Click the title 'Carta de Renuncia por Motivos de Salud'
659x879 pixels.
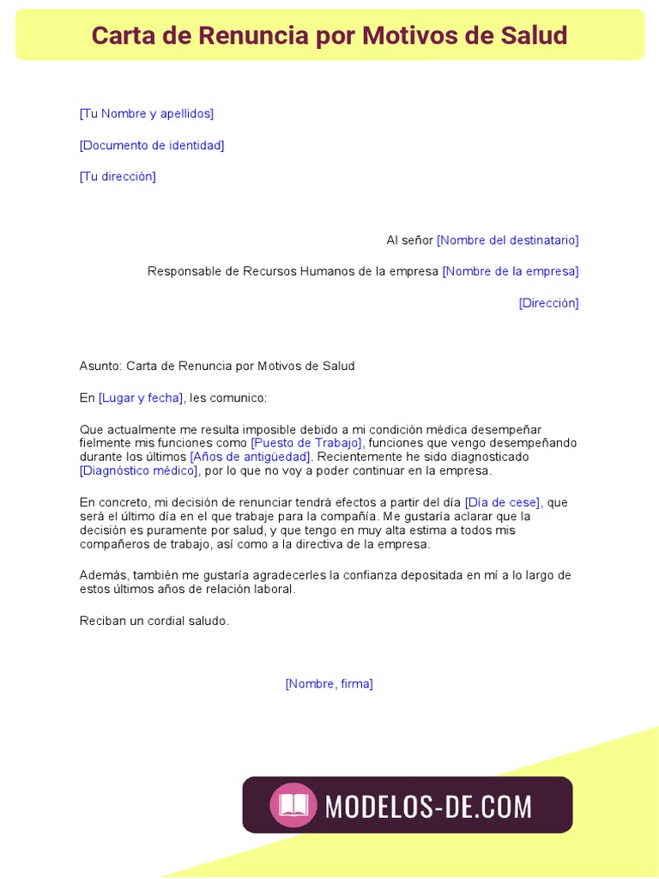coord(329,36)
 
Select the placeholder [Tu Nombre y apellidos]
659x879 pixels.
coord(147,113)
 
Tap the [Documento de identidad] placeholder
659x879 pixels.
coord(152,145)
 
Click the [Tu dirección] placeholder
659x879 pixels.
coord(118,177)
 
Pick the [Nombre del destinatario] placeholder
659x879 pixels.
coord(507,240)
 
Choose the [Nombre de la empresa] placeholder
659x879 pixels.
coord(510,271)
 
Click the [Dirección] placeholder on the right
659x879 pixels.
coord(548,303)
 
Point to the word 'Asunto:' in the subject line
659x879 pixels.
coord(101,366)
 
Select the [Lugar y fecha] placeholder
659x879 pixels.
coord(141,397)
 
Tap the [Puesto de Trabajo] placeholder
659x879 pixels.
coord(306,443)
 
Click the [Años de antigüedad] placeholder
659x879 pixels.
coord(251,457)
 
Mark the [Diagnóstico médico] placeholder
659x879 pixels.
coord(139,470)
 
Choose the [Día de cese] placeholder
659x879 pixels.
coord(503,502)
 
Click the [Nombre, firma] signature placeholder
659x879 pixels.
coord(329,684)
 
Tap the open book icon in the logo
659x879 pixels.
coord(293,805)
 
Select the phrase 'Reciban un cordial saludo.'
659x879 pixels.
coord(154,621)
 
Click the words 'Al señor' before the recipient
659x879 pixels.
coord(409,240)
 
